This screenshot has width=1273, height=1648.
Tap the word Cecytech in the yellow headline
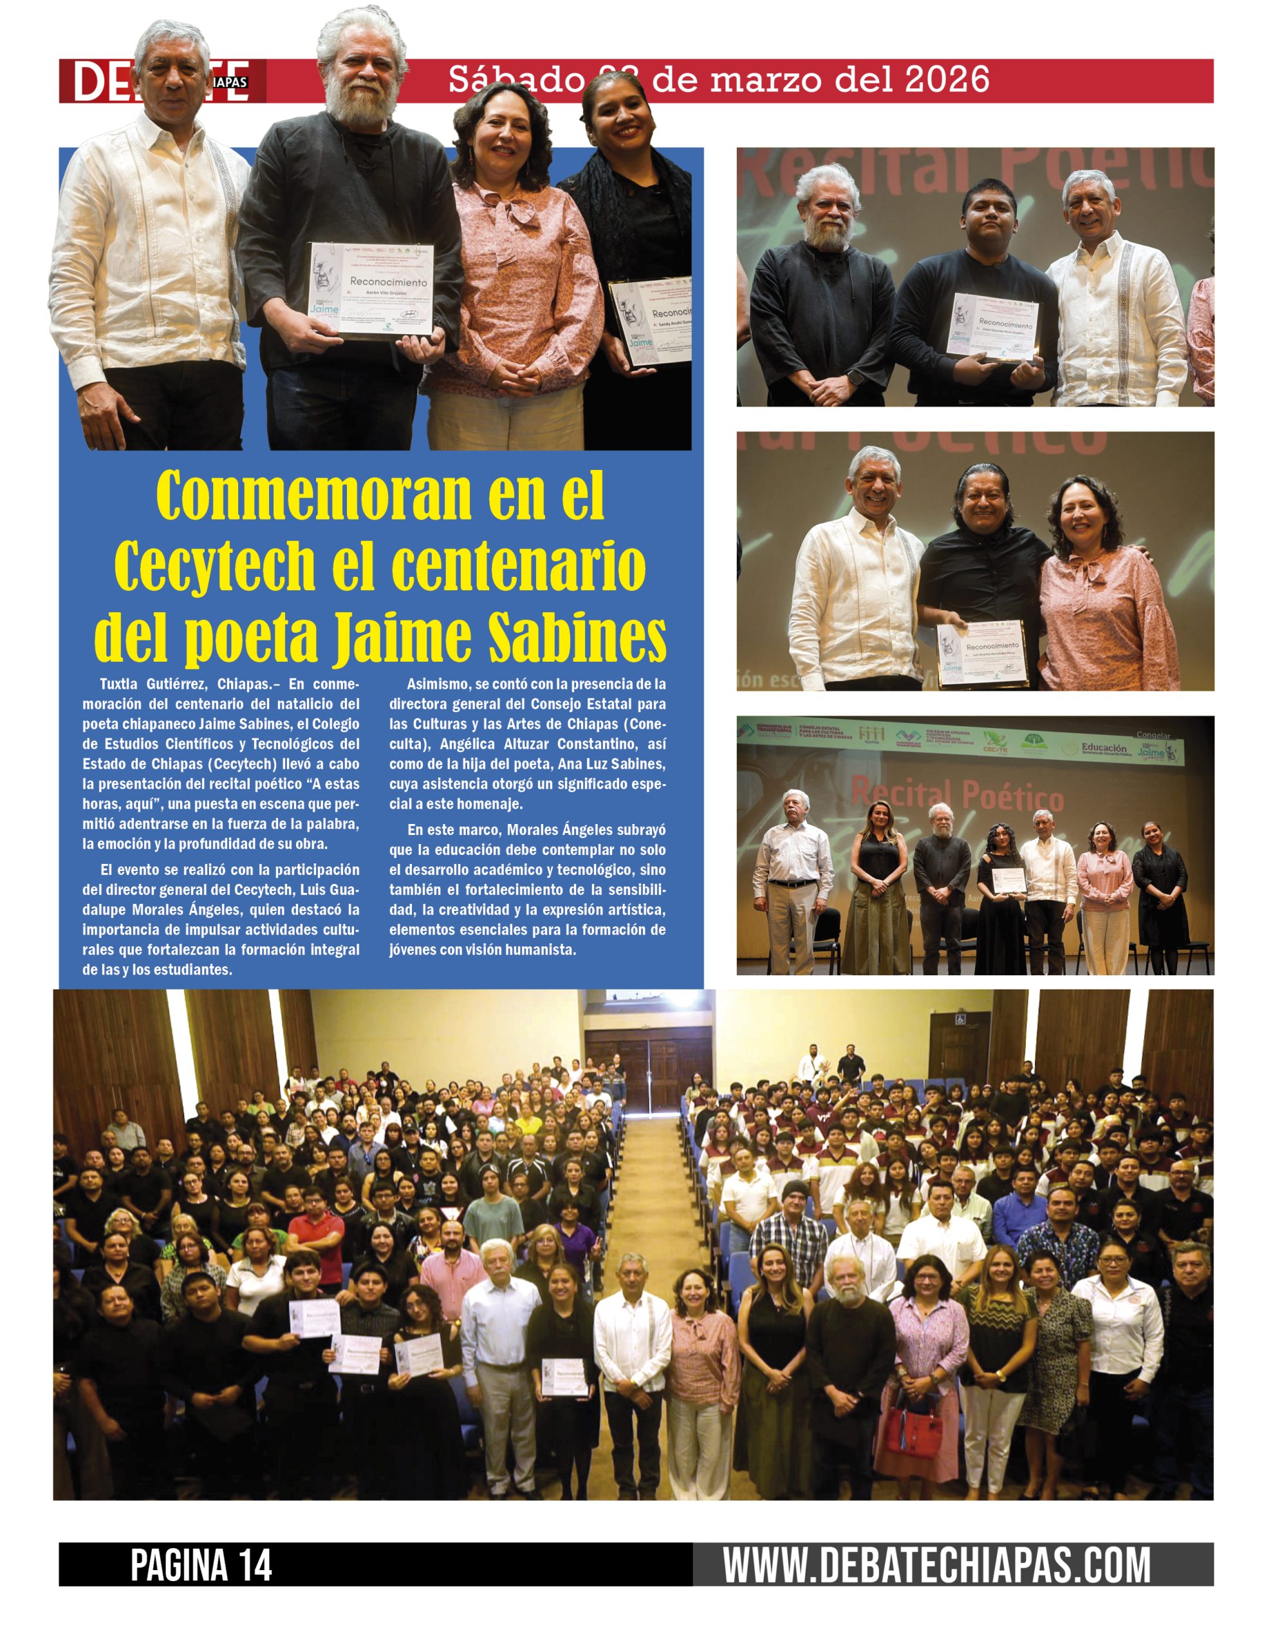pyautogui.click(x=214, y=566)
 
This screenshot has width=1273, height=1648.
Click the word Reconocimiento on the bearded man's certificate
pyautogui.click(x=388, y=281)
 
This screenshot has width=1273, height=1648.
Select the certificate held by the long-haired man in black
pyautogui.click(x=983, y=653)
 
